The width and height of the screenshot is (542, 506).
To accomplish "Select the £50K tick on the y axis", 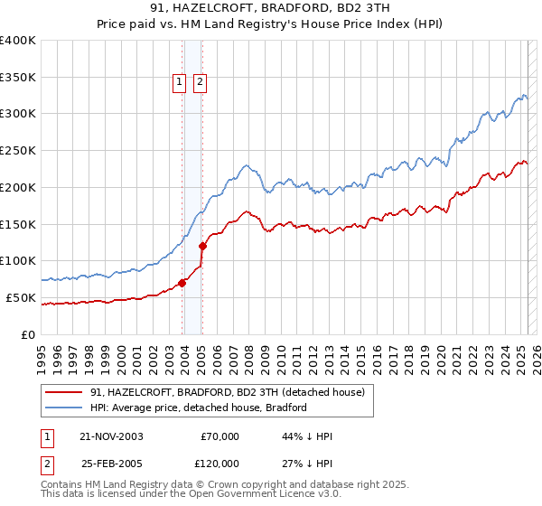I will click(x=21, y=297).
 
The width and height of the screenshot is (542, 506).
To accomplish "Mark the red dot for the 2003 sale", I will click(x=182, y=283).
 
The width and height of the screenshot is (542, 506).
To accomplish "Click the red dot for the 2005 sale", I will click(x=202, y=246).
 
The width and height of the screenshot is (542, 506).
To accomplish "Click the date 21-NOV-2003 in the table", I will click(x=111, y=436).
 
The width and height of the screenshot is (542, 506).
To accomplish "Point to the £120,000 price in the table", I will click(x=219, y=463).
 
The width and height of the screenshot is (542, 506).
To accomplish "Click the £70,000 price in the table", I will click(x=220, y=436).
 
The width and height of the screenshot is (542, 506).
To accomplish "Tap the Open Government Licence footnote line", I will click(x=191, y=494).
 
